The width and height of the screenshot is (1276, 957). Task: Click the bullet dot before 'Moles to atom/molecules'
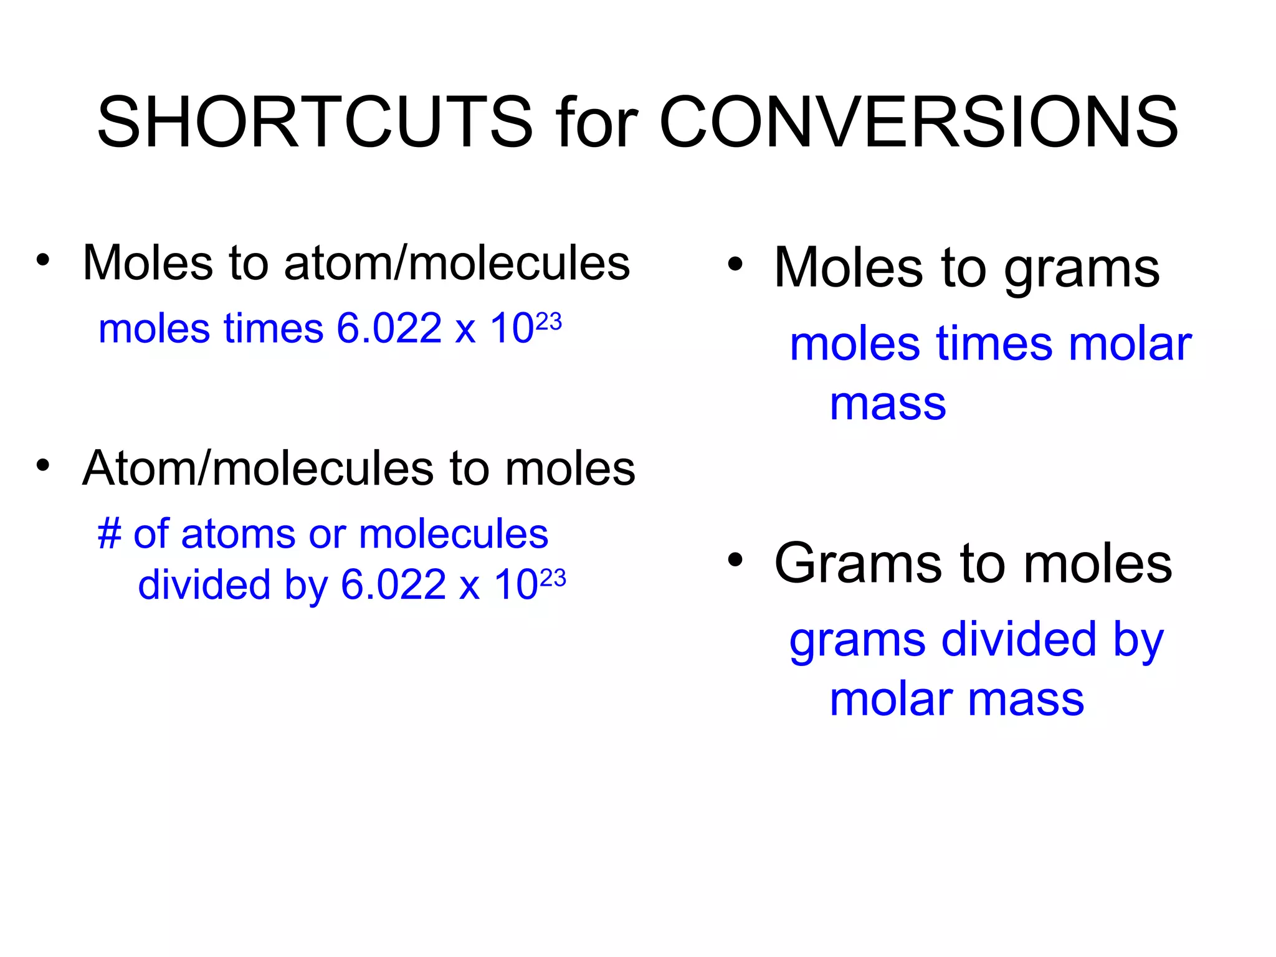[x=42, y=260]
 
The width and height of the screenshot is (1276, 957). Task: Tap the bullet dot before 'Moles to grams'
[x=735, y=265]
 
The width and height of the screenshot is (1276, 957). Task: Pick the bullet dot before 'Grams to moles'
[x=735, y=560]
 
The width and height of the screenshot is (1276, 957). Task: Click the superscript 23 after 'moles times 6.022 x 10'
[x=548, y=321]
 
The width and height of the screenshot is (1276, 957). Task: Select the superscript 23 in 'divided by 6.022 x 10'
[x=553, y=578]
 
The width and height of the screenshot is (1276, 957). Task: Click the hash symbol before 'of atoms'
[x=109, y=535]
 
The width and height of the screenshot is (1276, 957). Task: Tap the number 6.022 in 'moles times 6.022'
[x=389, y=328]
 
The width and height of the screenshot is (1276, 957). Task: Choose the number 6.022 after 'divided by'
[x=393, y=585]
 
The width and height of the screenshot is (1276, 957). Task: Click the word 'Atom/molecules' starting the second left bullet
[x=257, y=469]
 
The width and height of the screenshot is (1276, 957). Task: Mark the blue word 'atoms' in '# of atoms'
[x=237, y=535]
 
